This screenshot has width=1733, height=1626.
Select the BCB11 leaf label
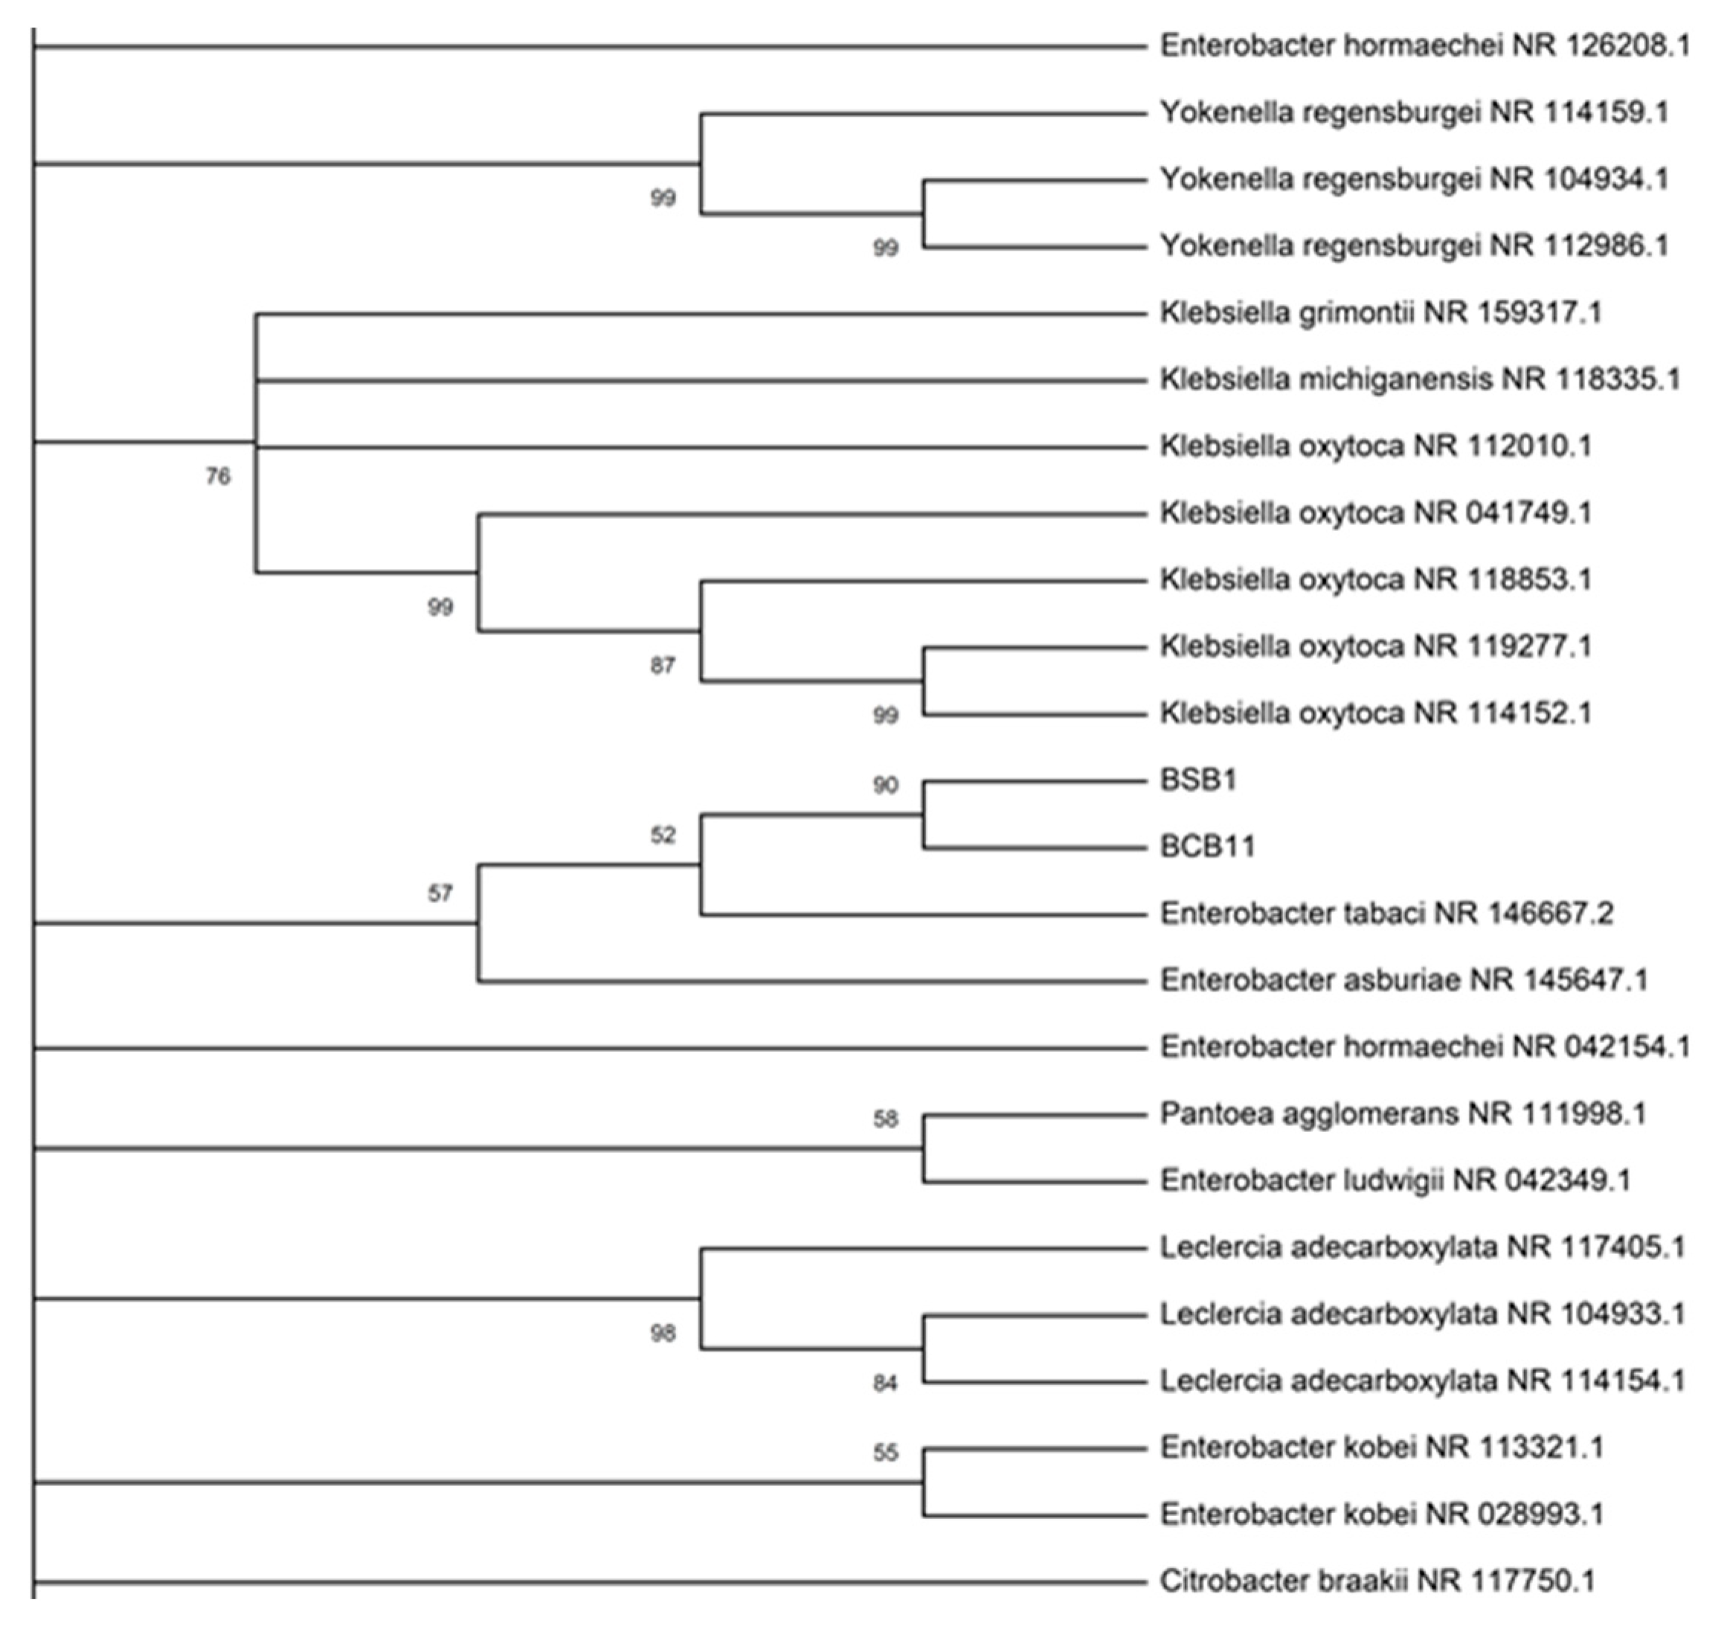[x=1207, y=846]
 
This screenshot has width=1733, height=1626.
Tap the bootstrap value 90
[x=885, y=785]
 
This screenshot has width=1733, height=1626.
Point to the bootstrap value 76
[x=218, y=476]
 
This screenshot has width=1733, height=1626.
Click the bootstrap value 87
[x=663, y=666]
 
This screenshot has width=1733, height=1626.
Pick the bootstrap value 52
[x=663, y=835]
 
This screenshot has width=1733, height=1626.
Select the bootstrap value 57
[x=440, y=893]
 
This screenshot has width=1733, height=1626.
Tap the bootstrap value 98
[x=663, y=1333]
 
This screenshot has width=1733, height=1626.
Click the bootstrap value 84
[x=885, y=1384]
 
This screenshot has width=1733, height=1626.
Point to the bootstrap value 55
[x=885, y=1453]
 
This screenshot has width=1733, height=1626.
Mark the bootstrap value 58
[x=885, y=1119]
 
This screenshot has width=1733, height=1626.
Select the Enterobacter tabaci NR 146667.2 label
[x=1386, y=913]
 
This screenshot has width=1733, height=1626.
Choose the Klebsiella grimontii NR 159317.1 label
[x=1380, y=312]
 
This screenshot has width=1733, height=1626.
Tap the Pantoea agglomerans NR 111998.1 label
[x=1402, y=1114]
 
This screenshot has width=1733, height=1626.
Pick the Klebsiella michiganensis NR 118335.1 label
[x=1419, y=379]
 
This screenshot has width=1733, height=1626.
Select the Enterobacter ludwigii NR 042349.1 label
[x=1395, y=1180]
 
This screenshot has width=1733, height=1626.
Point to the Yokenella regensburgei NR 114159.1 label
[x=1413, y=112]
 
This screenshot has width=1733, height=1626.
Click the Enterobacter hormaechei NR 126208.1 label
[x=1424, y=45]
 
